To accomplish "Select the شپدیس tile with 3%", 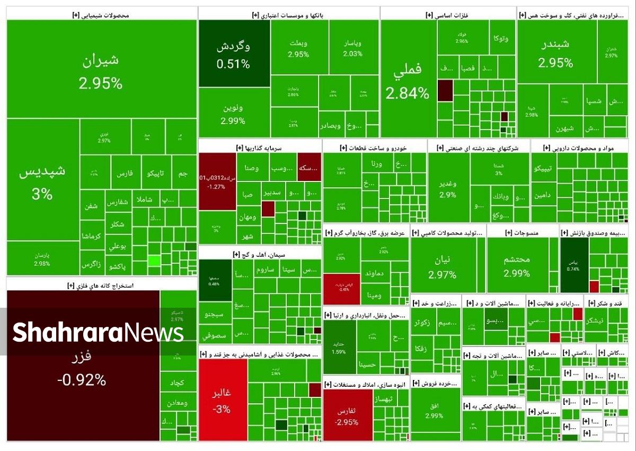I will click(42, 183).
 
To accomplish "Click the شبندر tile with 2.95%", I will click(555, 53).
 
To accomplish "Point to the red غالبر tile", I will click(223, 401).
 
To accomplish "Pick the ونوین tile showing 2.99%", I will click(233, 114).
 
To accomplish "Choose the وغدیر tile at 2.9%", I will click(448, 188).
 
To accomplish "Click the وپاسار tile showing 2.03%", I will click(352, 48).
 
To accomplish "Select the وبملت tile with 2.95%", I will click(298, 48).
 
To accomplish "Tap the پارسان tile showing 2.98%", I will click(42, 259).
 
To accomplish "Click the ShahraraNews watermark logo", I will click(98, 333).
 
